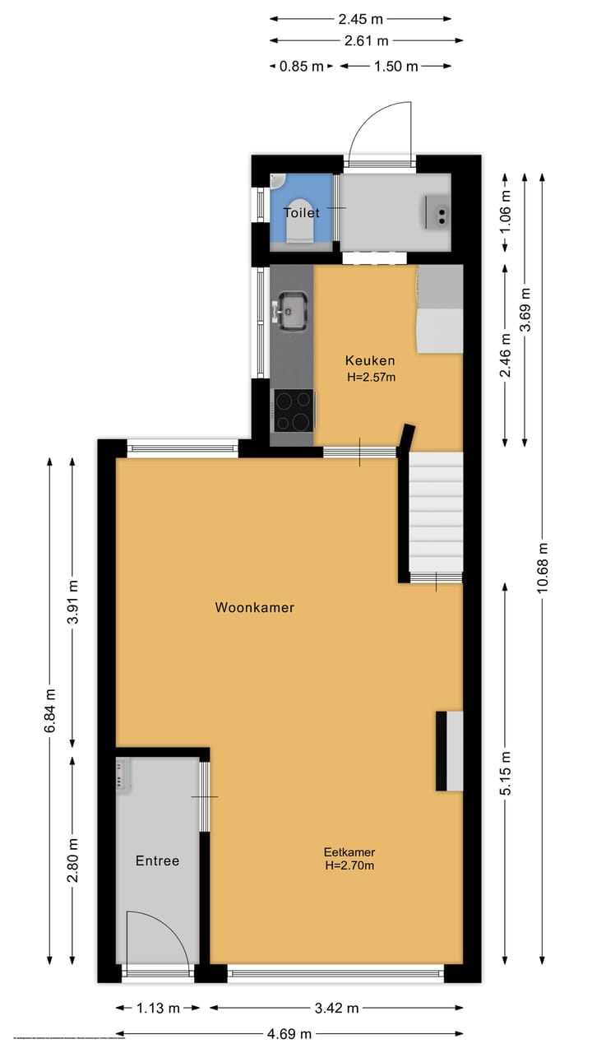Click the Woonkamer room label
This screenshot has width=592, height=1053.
point(254,608)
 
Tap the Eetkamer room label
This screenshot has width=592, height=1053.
point(349,852)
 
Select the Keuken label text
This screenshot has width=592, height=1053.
point(370,360)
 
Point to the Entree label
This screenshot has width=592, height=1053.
point(157,860)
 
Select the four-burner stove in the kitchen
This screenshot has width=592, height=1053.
point(294,410)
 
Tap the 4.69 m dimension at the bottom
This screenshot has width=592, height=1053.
point(289,1034)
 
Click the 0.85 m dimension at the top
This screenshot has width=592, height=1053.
point(302,67)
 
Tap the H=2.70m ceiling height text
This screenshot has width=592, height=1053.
point(349,865)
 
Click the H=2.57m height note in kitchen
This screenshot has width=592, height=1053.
point(370,378)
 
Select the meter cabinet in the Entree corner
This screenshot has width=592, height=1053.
point(123,774)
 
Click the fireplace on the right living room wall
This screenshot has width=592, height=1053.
point(450,750)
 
